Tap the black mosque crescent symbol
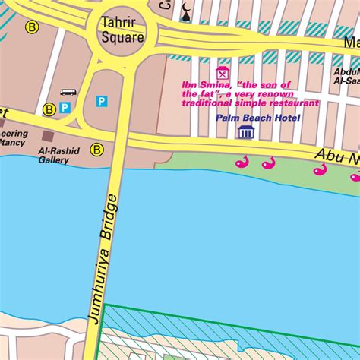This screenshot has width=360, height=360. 188,10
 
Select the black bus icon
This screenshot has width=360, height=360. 68,93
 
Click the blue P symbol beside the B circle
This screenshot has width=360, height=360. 65,109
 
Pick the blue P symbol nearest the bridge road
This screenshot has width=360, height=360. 101,100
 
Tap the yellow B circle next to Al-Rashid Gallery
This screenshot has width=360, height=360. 97,149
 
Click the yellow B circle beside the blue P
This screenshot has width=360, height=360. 49,109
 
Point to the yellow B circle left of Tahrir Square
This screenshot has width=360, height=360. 31,27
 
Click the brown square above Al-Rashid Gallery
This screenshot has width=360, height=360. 48,135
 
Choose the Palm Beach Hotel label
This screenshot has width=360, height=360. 257,118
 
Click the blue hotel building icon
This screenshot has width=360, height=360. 245,133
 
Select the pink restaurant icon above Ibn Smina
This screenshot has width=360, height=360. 222,73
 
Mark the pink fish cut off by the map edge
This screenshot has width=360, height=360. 355,176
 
